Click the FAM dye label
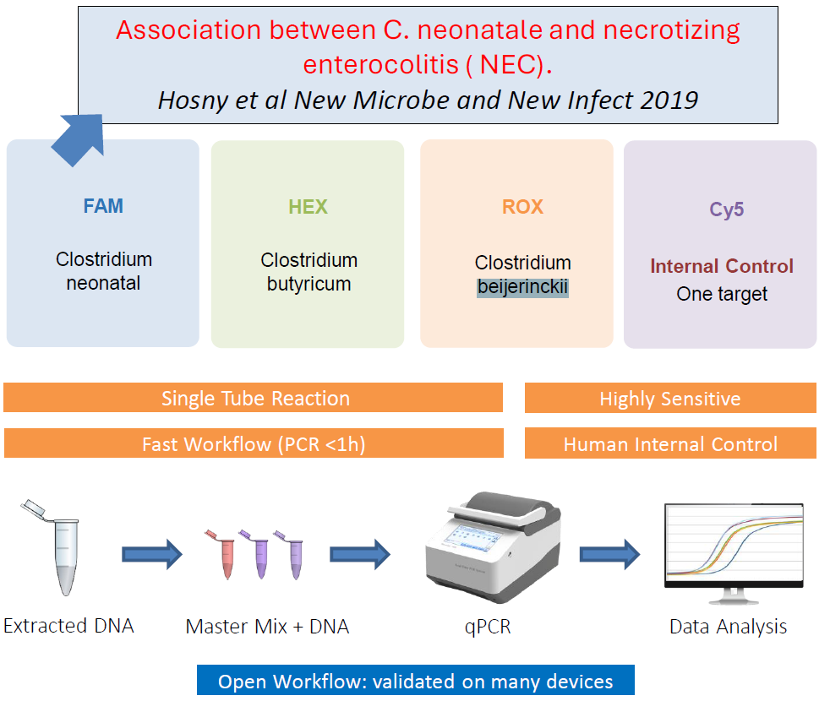103,206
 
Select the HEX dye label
308,207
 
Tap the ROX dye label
522,207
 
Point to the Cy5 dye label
727,209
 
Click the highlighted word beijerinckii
522,287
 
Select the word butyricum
309,284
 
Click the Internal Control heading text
722,266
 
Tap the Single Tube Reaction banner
253,398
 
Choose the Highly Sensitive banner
670,398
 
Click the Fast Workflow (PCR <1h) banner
254,443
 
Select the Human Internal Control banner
670,443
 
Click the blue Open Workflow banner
416,681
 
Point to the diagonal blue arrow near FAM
79,139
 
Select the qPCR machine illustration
494,547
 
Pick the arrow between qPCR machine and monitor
609,554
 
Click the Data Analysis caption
728,627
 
